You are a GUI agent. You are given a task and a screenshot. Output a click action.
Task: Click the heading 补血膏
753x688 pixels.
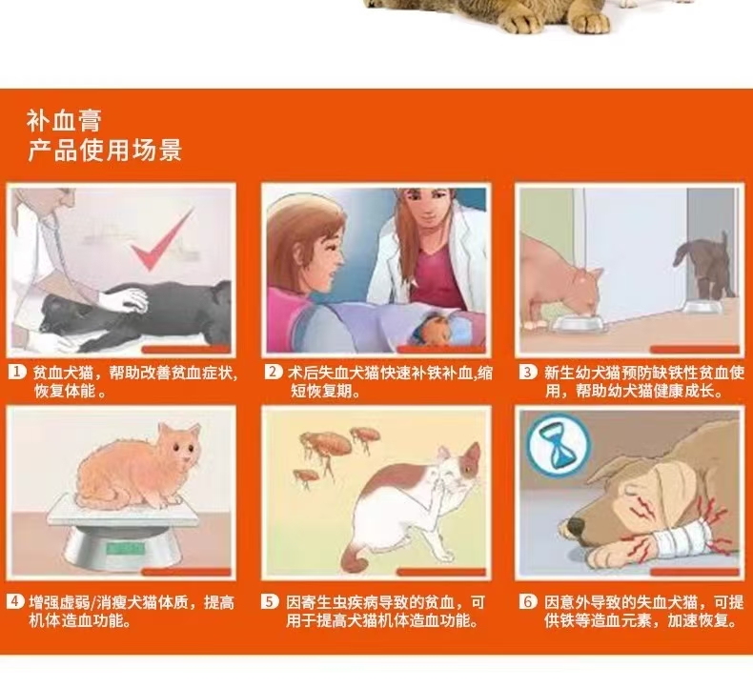pyautogui.click(x=65, y=120)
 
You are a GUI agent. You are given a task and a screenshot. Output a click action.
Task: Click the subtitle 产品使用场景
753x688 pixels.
pyautogui.click(x=105, y=150)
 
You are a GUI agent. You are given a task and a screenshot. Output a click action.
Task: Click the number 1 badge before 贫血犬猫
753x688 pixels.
pyautogui.click(x=17, y=372)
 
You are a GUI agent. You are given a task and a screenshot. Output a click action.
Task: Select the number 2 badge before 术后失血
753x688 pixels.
pyautogui.click(x=274, y=372)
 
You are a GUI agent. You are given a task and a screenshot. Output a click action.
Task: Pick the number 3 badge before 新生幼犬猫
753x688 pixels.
pyautogui.click(x=528, y=372)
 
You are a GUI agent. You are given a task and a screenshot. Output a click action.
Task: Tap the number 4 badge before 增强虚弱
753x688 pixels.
pyautogui.click(x=16, y=601)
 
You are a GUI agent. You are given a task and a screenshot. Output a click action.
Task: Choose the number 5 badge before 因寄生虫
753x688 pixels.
pyautogui.click(x=270, y=601)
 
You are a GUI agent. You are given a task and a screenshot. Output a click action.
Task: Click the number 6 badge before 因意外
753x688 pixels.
pyautogui.click(x=528, y=601)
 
